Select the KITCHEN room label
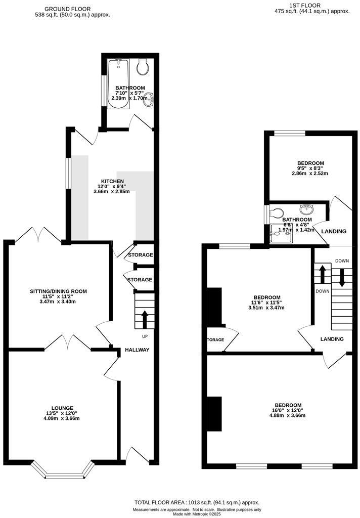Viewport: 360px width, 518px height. tap(112, 181)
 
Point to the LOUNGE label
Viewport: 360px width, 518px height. tap(62, 408)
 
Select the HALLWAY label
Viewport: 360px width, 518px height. tap(137, 350)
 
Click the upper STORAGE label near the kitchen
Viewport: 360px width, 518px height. tap(140, 255)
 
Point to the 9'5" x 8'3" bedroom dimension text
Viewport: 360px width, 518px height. tap(310, 168)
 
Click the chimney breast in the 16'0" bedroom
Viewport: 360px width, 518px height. tap(214, 414)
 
